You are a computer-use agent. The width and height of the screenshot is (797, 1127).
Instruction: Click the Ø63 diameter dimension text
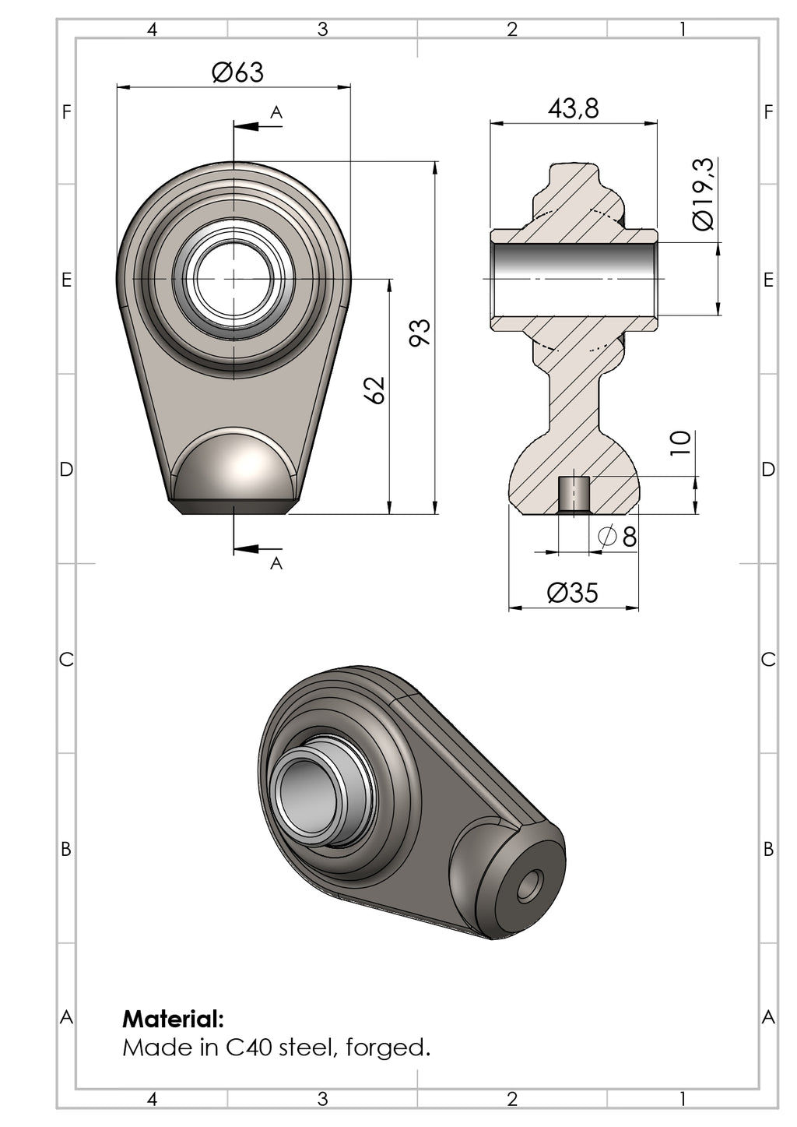237,72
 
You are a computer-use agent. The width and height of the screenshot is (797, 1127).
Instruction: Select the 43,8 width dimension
574,108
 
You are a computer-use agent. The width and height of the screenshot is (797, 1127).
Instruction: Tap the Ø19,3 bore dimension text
703,194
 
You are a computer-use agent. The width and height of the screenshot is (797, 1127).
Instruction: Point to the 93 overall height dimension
420,332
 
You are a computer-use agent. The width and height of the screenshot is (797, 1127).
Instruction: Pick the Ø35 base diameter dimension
573,593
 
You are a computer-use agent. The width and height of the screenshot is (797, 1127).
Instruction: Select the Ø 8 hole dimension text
618,536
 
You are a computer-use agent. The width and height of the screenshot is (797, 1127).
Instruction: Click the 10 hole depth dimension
680,443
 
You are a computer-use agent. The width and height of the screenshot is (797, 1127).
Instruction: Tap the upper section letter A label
276,113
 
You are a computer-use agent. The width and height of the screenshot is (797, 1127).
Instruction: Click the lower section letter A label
276,564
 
